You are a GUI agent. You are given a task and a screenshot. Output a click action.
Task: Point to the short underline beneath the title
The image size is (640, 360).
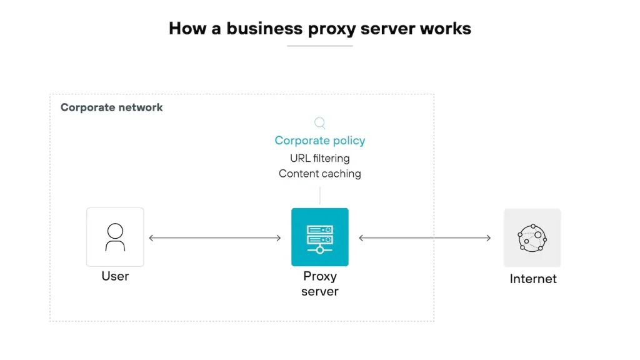320,46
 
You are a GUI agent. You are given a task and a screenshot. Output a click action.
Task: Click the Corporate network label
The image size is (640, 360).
111,107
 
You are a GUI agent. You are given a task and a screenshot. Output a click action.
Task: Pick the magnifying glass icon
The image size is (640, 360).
320,123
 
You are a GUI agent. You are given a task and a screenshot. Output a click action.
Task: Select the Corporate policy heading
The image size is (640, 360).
320,141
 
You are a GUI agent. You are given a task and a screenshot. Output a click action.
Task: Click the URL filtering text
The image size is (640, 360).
320,158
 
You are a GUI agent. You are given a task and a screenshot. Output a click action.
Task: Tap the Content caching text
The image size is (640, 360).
320,174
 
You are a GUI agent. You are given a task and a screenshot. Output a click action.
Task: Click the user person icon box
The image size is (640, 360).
115,237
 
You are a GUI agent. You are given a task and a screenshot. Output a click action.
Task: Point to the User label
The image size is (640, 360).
115,276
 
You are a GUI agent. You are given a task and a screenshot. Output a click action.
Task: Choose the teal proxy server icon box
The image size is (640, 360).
320,237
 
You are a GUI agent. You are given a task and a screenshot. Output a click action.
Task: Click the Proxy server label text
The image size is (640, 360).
320,284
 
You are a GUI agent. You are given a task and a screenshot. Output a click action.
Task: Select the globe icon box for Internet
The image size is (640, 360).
532,237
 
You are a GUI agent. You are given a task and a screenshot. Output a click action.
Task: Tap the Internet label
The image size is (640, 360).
533,279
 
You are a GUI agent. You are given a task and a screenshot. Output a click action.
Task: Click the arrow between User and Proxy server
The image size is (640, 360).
215,237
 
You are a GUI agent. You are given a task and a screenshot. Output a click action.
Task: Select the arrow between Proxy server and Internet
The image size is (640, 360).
425,237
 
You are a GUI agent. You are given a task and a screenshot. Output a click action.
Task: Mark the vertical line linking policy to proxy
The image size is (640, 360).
320,194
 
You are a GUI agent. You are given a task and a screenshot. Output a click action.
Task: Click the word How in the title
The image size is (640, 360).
186,29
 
